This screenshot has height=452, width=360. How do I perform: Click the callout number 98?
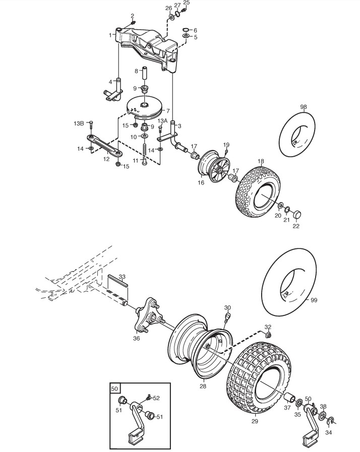304,107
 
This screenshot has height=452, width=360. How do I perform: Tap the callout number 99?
314,300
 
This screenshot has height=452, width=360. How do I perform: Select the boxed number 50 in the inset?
114,389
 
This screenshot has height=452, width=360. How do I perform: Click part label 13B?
79,123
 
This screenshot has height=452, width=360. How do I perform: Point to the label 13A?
162,120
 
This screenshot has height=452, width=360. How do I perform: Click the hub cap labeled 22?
297,214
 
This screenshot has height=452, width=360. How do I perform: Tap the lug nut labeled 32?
268,335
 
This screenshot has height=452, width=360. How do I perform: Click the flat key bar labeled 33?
117,280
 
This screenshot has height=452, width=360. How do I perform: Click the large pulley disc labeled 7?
145,109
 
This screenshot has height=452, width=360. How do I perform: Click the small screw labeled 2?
133,22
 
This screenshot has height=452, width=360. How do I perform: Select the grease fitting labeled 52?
149,398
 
